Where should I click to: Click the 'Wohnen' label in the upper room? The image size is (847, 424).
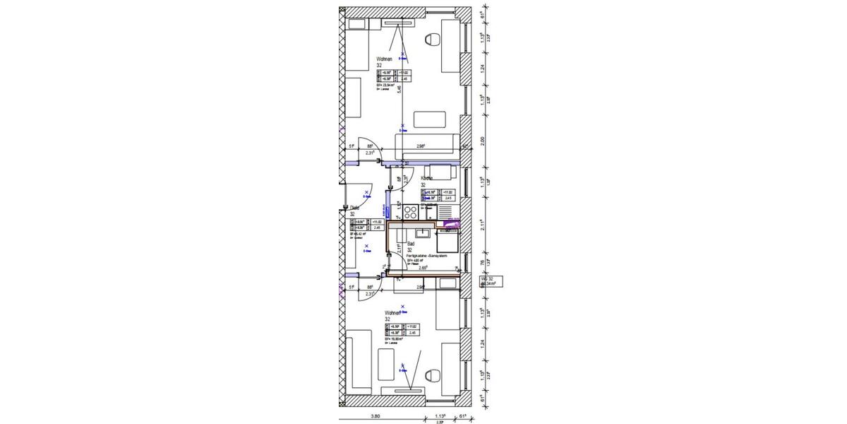385,59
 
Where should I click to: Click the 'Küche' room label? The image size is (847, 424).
427,179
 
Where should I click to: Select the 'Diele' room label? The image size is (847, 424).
355,208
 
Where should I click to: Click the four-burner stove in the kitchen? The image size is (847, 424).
410,210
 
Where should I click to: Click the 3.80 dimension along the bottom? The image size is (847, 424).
377,417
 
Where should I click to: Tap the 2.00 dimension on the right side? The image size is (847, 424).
483,141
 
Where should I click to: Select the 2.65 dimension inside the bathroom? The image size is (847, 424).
422,268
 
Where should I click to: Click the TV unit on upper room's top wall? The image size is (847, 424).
400,23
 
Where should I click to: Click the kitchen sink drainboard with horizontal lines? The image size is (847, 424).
447,210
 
